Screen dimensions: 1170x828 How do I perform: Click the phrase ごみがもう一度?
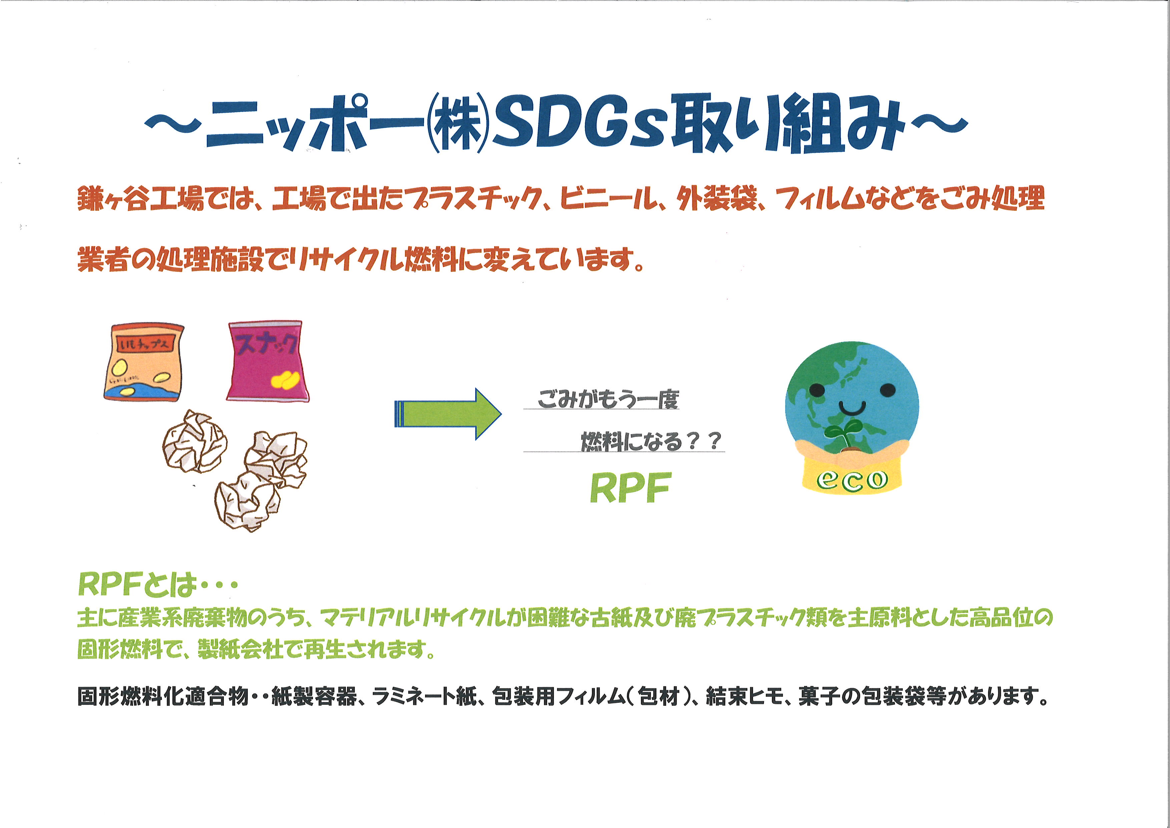(x=608, y=398)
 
